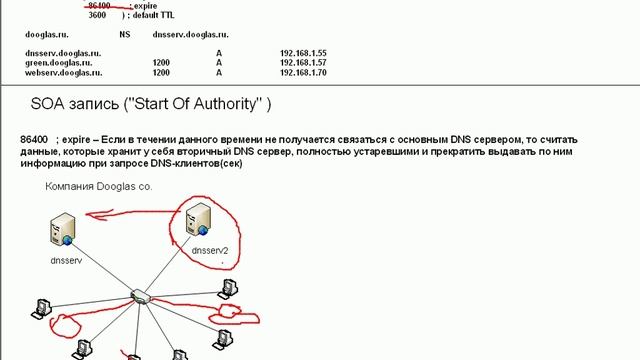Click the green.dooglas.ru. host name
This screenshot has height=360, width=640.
58,62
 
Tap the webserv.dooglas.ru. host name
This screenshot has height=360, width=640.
63,72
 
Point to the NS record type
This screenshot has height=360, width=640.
124,32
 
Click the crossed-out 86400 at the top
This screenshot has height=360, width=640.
98,6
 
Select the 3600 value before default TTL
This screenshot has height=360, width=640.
97,16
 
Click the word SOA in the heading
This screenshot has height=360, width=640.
49,104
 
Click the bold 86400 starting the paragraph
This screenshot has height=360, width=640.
34,135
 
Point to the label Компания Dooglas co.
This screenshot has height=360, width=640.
98,187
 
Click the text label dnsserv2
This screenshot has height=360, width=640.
210,251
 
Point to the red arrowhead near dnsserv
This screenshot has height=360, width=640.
89,213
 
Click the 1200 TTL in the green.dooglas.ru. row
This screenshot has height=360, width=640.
161,62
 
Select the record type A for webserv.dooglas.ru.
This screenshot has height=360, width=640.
219,72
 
